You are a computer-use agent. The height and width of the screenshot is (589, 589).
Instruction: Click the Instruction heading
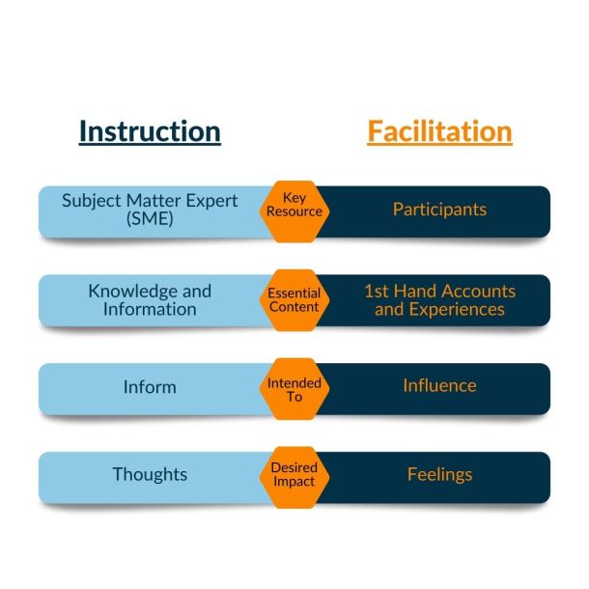pos(150,131)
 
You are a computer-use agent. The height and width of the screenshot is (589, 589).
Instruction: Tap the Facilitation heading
pos(439,131)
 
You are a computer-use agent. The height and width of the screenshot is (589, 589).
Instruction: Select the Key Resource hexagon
pos(294,211)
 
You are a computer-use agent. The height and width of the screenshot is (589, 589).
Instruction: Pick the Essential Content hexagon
pos(294,300)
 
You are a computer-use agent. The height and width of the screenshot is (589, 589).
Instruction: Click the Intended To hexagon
pos(294,389)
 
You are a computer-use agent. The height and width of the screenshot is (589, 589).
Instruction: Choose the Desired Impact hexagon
pos(294,477)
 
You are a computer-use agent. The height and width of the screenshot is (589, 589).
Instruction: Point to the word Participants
pos(439,210)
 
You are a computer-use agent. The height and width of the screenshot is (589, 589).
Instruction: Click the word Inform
pos(150,387)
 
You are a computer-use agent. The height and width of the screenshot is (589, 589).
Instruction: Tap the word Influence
pos(439,386)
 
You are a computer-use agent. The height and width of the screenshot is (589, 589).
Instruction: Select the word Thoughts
pos(150,474)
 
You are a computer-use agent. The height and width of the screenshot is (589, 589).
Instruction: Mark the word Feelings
pos(439,474)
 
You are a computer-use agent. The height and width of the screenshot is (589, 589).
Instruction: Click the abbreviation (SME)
pos(150,218)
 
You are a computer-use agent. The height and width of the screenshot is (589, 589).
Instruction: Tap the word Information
pos(150,310)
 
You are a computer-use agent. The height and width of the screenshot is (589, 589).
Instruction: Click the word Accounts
pos(477,291)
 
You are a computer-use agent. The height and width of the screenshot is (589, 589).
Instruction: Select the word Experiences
pos(457,310)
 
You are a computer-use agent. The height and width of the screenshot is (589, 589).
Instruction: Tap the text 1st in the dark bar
pos(376,291)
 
